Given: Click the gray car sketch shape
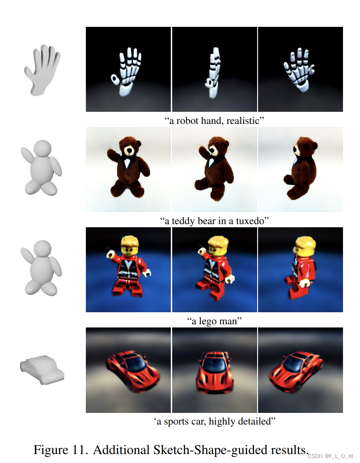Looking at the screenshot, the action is click(x=42, y=370).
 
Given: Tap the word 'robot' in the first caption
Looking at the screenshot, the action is click(x=187, y=121).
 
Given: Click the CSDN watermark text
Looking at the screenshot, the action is click(x=330, y=456).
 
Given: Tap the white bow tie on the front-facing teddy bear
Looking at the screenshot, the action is click(x=127, y=162).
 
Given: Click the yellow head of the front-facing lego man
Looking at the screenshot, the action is click(x=130, y=246).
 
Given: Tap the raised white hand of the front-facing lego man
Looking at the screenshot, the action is click(x=110, y=254).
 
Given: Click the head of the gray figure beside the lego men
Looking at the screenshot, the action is click(x=42, y=249).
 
